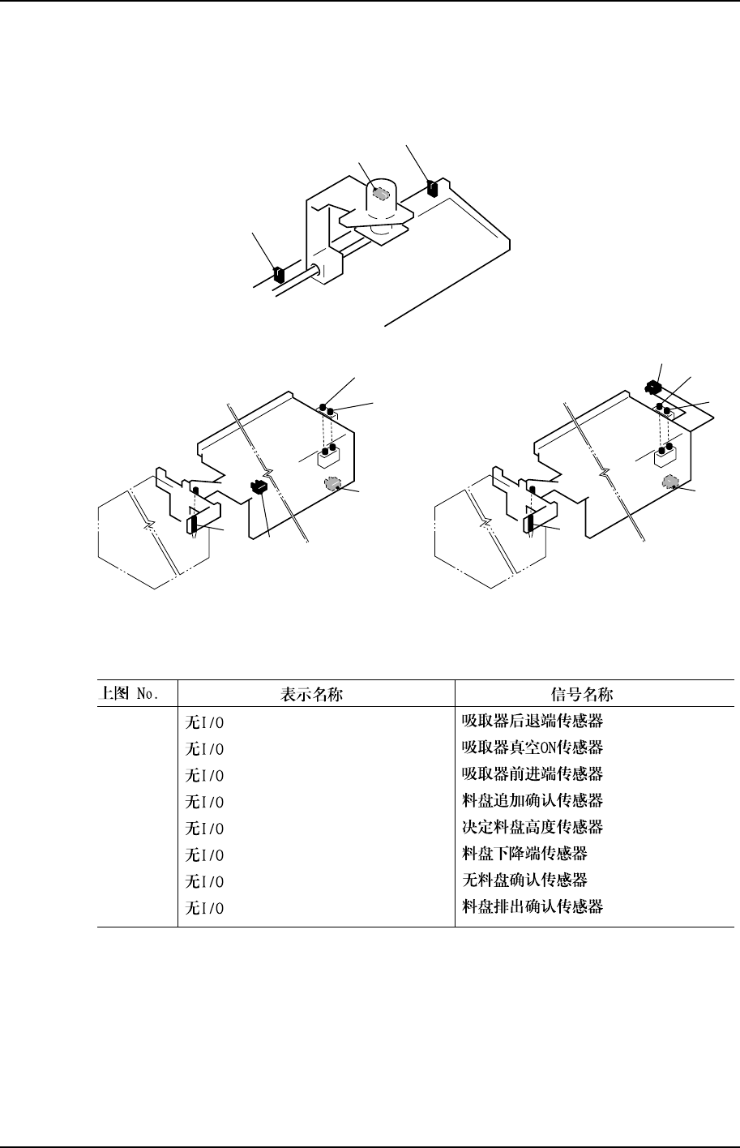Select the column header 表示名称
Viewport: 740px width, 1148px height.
point(316,694)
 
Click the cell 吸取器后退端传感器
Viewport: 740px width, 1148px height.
point(532,720)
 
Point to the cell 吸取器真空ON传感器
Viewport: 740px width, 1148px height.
point(532,747)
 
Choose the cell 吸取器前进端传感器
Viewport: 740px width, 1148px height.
point(532,773)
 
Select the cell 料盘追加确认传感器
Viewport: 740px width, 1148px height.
point(532,800)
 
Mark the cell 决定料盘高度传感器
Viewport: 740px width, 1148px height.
point(532,827)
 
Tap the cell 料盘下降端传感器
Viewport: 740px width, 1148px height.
point(524,854)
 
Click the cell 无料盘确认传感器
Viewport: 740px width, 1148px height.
point(524,880)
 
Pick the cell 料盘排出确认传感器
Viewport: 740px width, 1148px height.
point(532,907)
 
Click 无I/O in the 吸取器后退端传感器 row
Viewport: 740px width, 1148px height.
point(205,721)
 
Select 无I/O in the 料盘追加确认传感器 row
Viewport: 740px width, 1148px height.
point(205,801)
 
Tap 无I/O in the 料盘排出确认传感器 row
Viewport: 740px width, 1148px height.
point(205,908)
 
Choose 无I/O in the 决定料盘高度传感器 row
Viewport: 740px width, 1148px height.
point(205,828)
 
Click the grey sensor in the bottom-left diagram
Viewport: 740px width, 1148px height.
point(331,485)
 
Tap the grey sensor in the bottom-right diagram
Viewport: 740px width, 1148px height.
point(669,483)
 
